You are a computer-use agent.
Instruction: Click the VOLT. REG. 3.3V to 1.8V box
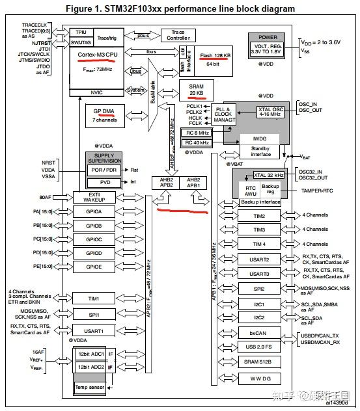click(x=267, y=49)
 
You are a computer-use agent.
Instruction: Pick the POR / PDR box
click(x=104, y=168)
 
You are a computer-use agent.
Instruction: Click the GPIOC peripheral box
click(x=94, y=239)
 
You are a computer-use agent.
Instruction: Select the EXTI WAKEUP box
click(x=94, y=197)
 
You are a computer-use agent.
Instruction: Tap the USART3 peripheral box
click(x=258, y=273)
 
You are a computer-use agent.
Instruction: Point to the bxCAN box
click(x=258, y=332)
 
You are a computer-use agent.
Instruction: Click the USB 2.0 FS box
click(x=258, y=347)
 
